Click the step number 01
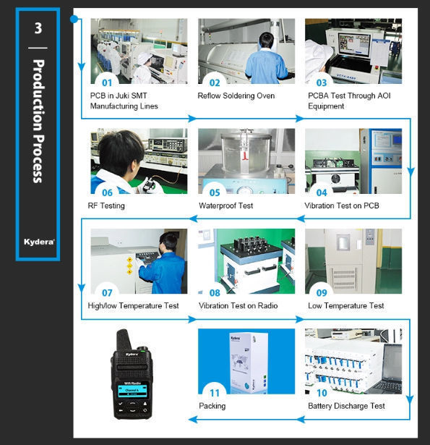(x=107, y=82)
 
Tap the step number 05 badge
(x=215, y=192)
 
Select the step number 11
(x=215, y=393)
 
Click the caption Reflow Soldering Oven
(x=236, y=96)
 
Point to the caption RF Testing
(x=106, y=205)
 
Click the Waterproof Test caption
(x=226, y=205)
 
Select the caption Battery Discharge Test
(x=346, y=406)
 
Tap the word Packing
(x=212, y=406)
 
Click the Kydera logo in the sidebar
(x=39, y=242)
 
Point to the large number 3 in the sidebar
(x=38, y=28)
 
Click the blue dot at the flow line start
(x=74, y=19)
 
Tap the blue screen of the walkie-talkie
(x=132, y=390)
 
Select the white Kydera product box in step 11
(x=249, y=363)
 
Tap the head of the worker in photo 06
(x=121, y=151)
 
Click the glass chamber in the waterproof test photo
(x=246, y=153)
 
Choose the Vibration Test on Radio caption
(x=238, y=305)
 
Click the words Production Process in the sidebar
(x=38, y=121)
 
